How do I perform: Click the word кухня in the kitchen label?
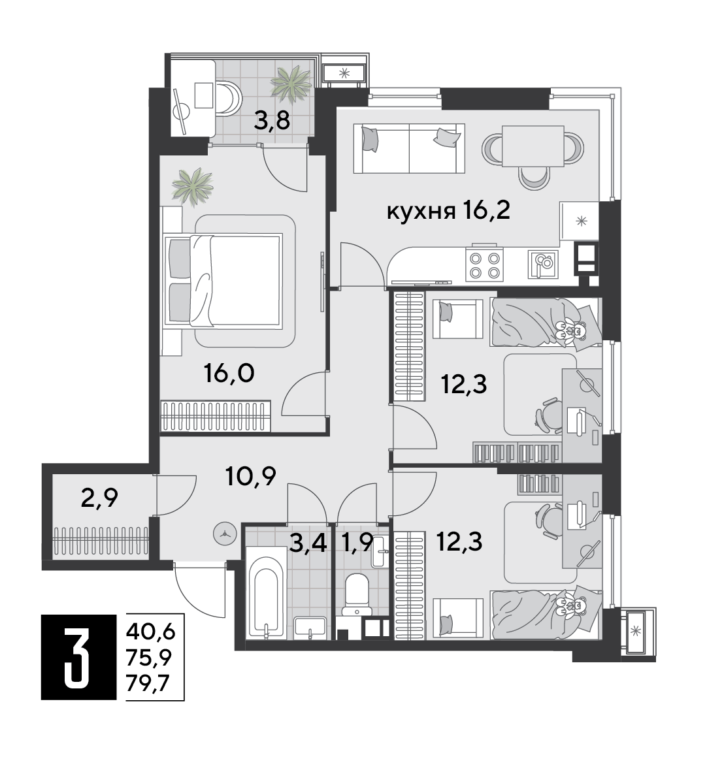pos(421,212)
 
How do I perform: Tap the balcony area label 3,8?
pos(272,121)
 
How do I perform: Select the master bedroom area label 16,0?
pos(229,374)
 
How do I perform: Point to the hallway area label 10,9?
pos(251,476)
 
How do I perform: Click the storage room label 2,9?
pos(99,498)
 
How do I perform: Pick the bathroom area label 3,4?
pos(308,542)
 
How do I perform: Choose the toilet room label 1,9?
pos(357,542)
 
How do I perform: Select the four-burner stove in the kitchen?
pos(484,264)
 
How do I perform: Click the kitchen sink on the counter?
pos(543,264)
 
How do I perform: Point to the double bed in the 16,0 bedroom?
pos(223,280)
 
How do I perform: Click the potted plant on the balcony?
pos(291,82)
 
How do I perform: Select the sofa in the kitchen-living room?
pos(409,148)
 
